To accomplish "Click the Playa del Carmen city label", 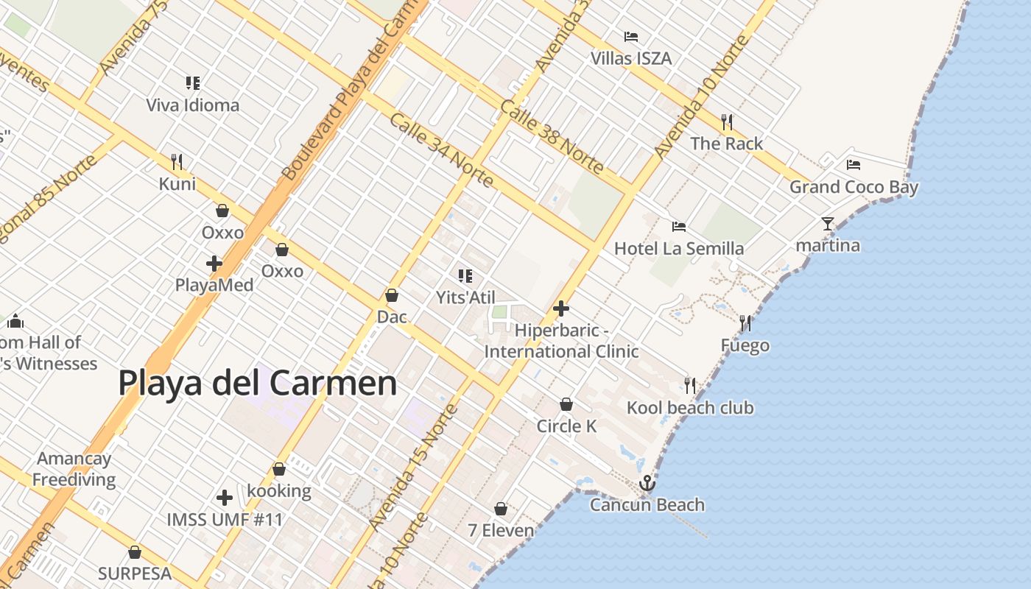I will (x=257, y=384).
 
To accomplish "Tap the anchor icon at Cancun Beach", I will (x=647, y=483).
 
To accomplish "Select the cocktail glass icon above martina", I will (x=828, y=223).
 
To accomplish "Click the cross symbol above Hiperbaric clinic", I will (x=561, y=308).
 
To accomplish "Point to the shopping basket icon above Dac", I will (x=392, y=295).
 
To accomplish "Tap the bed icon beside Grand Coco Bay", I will (x=854, y=165).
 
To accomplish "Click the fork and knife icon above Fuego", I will (x=745, y=322).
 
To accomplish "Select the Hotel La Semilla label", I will (x=678, y=248).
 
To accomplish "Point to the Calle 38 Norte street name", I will (x=552, y=136).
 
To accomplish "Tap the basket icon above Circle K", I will (x=566, y=404).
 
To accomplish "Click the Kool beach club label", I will (x=690, y=407).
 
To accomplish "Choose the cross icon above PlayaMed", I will (x=214, y=263).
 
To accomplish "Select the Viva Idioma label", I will (x=192, y=105).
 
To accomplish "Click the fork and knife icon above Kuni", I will (x=177, y=161).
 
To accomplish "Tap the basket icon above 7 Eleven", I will (x=501, y=509).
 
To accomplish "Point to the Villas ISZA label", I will (x=631, y=57).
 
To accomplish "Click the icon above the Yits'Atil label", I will (x=465, y=276).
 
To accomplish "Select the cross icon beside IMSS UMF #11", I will (x=225, y=498).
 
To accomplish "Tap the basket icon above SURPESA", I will (x=135, y=551).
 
